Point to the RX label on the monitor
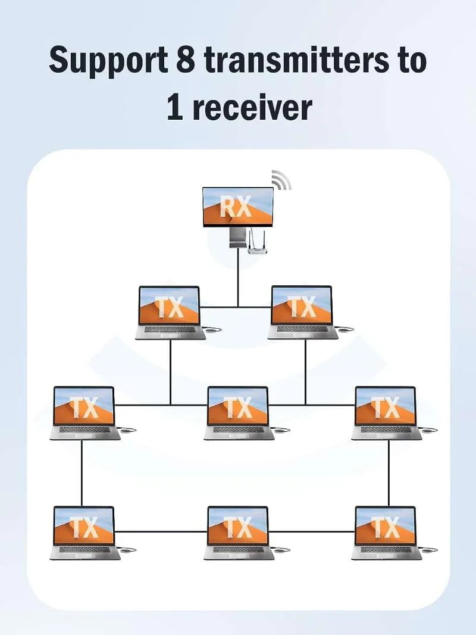(236, 206)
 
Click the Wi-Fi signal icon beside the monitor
(281, 179)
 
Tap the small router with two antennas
(258, 242)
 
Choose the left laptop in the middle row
(85, 413)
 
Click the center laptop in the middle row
(239, 413)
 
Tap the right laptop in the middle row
(387, 413)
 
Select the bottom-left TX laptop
(85, 533)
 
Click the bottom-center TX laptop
(239, 533)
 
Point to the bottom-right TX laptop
(387, 533)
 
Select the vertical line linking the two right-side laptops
(389, 473)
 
